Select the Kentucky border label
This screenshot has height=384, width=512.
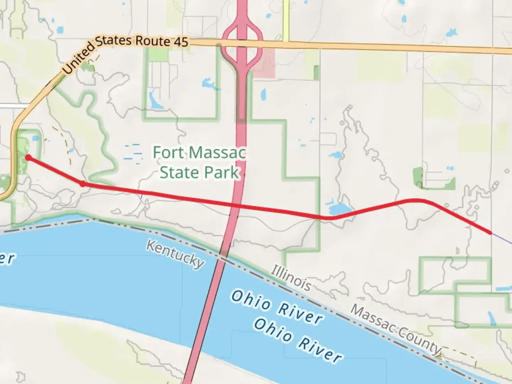pyautogui.click(x=175, y=254)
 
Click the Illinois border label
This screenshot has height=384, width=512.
pyautogui.click(x=291, y=277)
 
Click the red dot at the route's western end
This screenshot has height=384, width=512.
pyautogui.click(x=28, y=158)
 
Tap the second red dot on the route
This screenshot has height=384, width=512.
pyautogui.click(x=82, y=184)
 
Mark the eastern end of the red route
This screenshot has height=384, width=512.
pyautogui.click(x=491, y=233)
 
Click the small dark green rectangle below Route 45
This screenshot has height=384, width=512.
pyautogui.click(x=316, y=73)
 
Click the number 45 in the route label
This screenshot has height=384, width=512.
pyautogui.click(x=181, y=42)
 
